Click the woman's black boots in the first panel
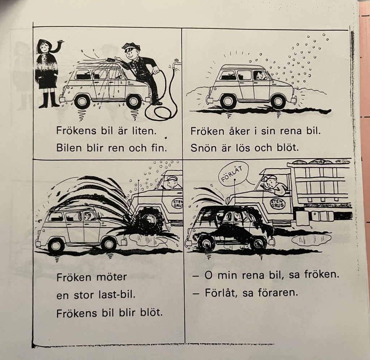[x=49, y=100]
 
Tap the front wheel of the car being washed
[x=134, y=101]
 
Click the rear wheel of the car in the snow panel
[x=228, y=101]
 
